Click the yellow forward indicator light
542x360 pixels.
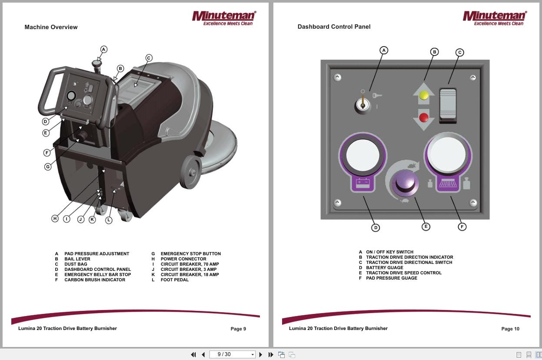(424, 96)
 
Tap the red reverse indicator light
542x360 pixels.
(424, 117)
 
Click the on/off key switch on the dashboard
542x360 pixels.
(362, 105)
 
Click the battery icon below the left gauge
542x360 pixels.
(362, 183)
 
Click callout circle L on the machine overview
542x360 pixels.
(109, 220)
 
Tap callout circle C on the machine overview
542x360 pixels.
(149, 58)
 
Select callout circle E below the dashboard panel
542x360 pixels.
(426, 227)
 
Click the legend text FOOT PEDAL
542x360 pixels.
(174, 280)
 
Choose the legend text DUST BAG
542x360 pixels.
(76, 264)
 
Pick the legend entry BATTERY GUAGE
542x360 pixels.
(384, 268)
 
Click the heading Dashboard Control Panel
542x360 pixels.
(334, 27)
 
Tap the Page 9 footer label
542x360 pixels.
(238, 329)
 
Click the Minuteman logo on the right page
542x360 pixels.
(495, 18)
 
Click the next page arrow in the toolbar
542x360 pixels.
(261, 355)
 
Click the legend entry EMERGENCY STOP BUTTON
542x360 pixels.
(190, 254)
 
